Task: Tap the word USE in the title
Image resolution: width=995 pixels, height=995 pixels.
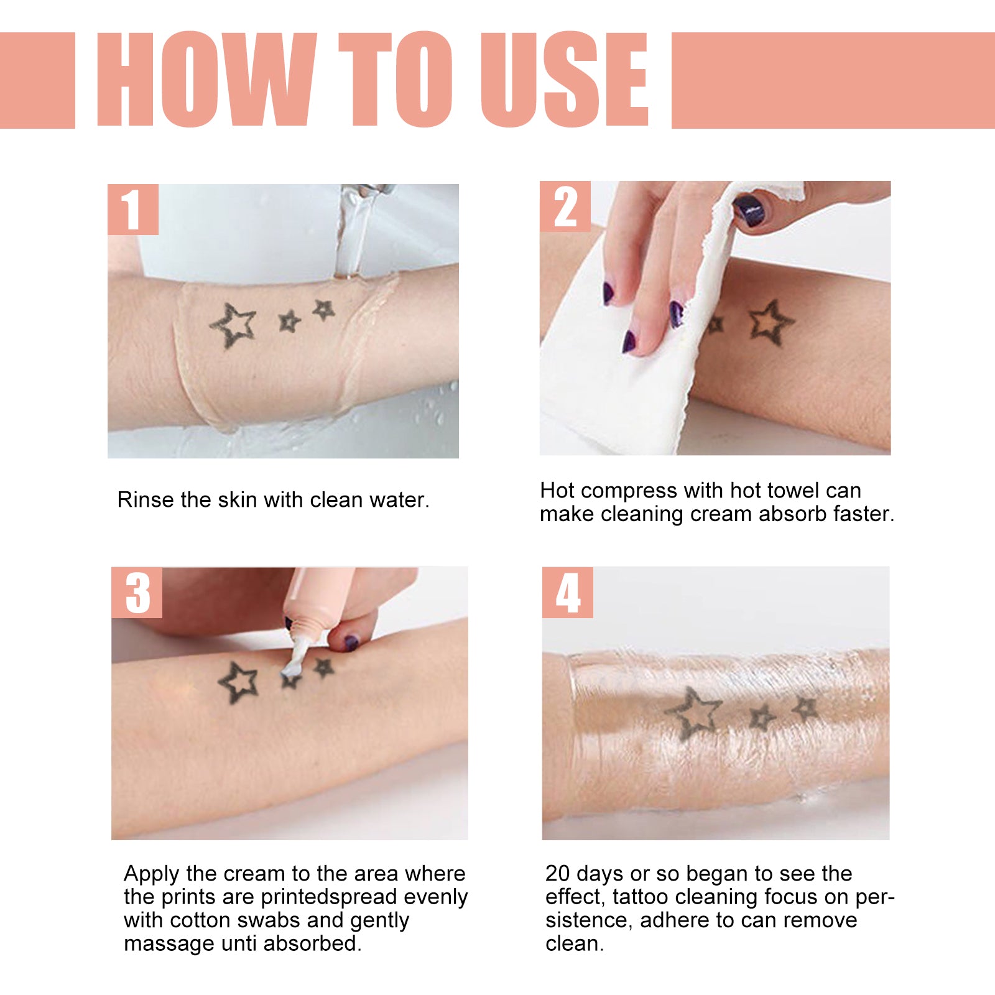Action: pos(565,80)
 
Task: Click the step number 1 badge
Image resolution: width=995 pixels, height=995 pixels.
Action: pos(132,210)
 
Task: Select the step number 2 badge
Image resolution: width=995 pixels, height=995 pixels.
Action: pos(565,207)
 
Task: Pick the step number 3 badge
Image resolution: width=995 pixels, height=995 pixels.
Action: pos(137,593)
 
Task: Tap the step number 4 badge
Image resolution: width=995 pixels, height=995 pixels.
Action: pos(567,593)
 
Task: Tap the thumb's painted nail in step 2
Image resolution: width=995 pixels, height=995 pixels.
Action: pos(749,210)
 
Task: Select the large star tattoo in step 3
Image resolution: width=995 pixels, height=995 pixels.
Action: pos(239,682)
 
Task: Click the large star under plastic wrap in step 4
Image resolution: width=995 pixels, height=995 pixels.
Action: pos(693,713)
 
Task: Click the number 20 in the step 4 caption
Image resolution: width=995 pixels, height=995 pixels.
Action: pos(557,874)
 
